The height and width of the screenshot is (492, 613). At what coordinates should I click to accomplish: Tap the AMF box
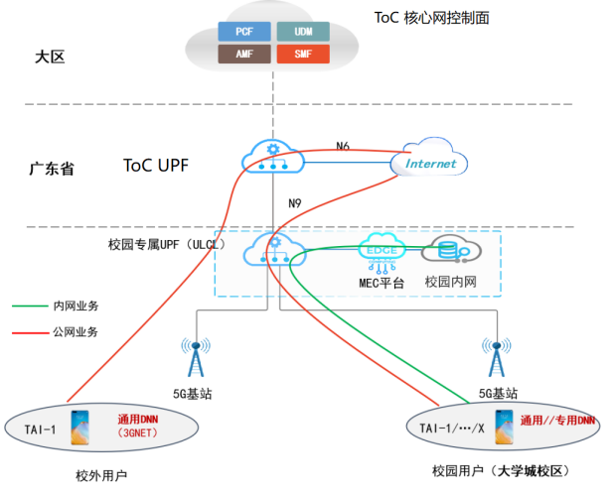pyautogui.click(x=243, y=53)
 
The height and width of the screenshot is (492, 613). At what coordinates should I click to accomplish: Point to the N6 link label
pyautogui.click(x=343, y=147)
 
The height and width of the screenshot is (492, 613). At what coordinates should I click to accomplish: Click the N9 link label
pyautogui.click(x=295, y=204)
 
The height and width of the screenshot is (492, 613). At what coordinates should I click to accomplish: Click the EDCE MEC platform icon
pyautogui.click(x=383, y=249)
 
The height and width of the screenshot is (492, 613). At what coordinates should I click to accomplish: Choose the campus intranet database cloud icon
pyautogui.click(x=448, y=250)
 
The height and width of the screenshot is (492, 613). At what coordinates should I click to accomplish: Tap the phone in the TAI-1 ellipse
pyautogui.click(x=80, y=428)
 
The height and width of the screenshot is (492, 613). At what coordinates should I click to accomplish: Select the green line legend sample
pyautogui.click(x=29, y=307)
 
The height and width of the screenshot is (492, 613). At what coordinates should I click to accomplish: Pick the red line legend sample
pyautogui.click(x=29, y=331)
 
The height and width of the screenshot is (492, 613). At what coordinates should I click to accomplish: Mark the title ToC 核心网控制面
pyautogui.click(x=431, y=17)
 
